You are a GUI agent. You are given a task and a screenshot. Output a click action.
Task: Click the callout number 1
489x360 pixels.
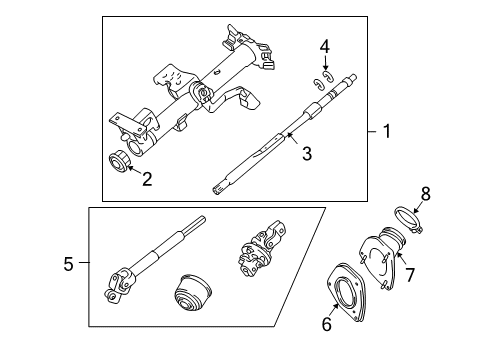click(x=387, y=131)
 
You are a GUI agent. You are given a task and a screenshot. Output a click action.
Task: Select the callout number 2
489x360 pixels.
click(x=147, y=179)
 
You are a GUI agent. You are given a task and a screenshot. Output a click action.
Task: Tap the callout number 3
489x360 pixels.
click(x=307, y=153)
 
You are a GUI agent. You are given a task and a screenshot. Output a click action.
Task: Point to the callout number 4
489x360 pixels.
click(x=325, y=47)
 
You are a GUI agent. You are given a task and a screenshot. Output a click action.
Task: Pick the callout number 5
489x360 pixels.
click(x=68, y=264)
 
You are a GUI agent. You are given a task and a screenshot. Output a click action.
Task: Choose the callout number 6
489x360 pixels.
click(x=327, y=324)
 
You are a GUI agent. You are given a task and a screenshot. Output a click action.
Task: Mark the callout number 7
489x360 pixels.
click(x=409, y=275)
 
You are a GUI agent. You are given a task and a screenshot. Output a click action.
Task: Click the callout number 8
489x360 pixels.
click(x=426, y=194)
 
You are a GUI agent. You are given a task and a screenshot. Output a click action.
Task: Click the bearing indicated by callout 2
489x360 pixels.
click(x=119, y=162)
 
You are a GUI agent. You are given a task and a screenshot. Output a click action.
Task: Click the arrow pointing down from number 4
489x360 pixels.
click(x=325, y=63)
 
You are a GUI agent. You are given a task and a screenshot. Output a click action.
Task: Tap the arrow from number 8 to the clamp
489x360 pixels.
click(x=417, y=208)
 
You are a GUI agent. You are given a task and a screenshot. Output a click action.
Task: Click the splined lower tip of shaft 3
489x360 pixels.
click(x=216, y=191)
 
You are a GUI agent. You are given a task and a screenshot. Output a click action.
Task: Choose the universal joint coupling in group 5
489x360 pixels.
click(x=261, y=248)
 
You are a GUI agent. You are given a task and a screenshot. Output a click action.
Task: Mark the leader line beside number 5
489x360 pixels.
click(x=84, y=263)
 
